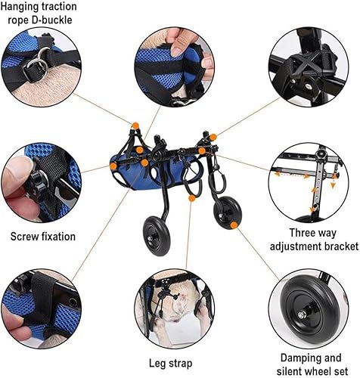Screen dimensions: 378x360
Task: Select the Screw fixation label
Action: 43,237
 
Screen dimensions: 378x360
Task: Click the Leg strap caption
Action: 171,363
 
